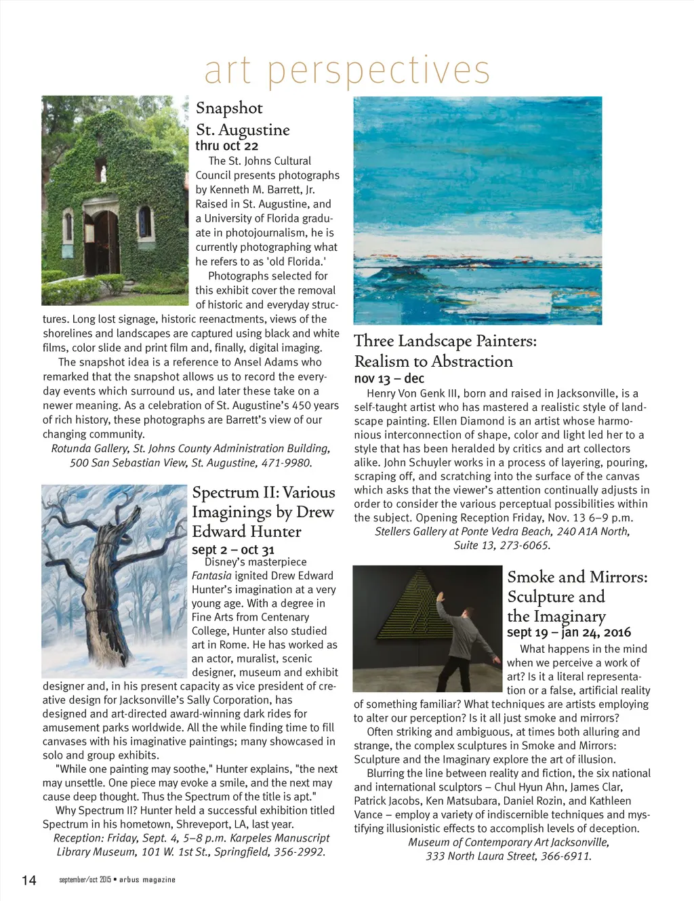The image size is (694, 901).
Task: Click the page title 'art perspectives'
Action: tap(346, 71)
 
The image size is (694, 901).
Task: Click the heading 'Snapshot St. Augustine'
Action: tap(242, 119)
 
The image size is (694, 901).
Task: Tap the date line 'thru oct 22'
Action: tap(227, 146)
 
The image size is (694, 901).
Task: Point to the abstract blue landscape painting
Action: tap(478, 210)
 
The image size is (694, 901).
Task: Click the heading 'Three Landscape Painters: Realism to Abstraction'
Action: tap(445, 351)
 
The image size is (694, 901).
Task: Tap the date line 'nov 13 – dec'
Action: tap(389, 378)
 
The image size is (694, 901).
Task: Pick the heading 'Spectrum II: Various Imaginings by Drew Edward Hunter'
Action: tap(263, 512)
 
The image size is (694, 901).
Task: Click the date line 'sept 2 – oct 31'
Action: tap(233, 550)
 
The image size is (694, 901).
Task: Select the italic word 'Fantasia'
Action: tap(211, 576)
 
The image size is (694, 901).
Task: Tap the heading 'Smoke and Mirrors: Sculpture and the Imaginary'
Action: tap(577, 597)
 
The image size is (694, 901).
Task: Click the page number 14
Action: tap(29, 880)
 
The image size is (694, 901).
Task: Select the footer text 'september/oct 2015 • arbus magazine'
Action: tap(117, 880)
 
